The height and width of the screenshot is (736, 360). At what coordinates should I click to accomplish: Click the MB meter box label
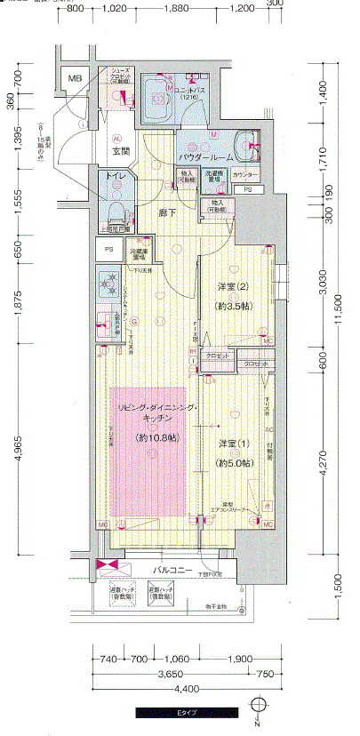[76, 79]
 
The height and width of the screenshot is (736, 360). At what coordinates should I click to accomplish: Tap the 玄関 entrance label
[120, 152]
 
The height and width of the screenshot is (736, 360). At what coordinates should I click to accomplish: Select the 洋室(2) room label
[235, 287]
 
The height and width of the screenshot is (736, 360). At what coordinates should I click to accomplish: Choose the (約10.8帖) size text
[157, 438]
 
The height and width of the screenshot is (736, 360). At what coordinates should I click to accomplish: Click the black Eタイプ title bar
[186, 713]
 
